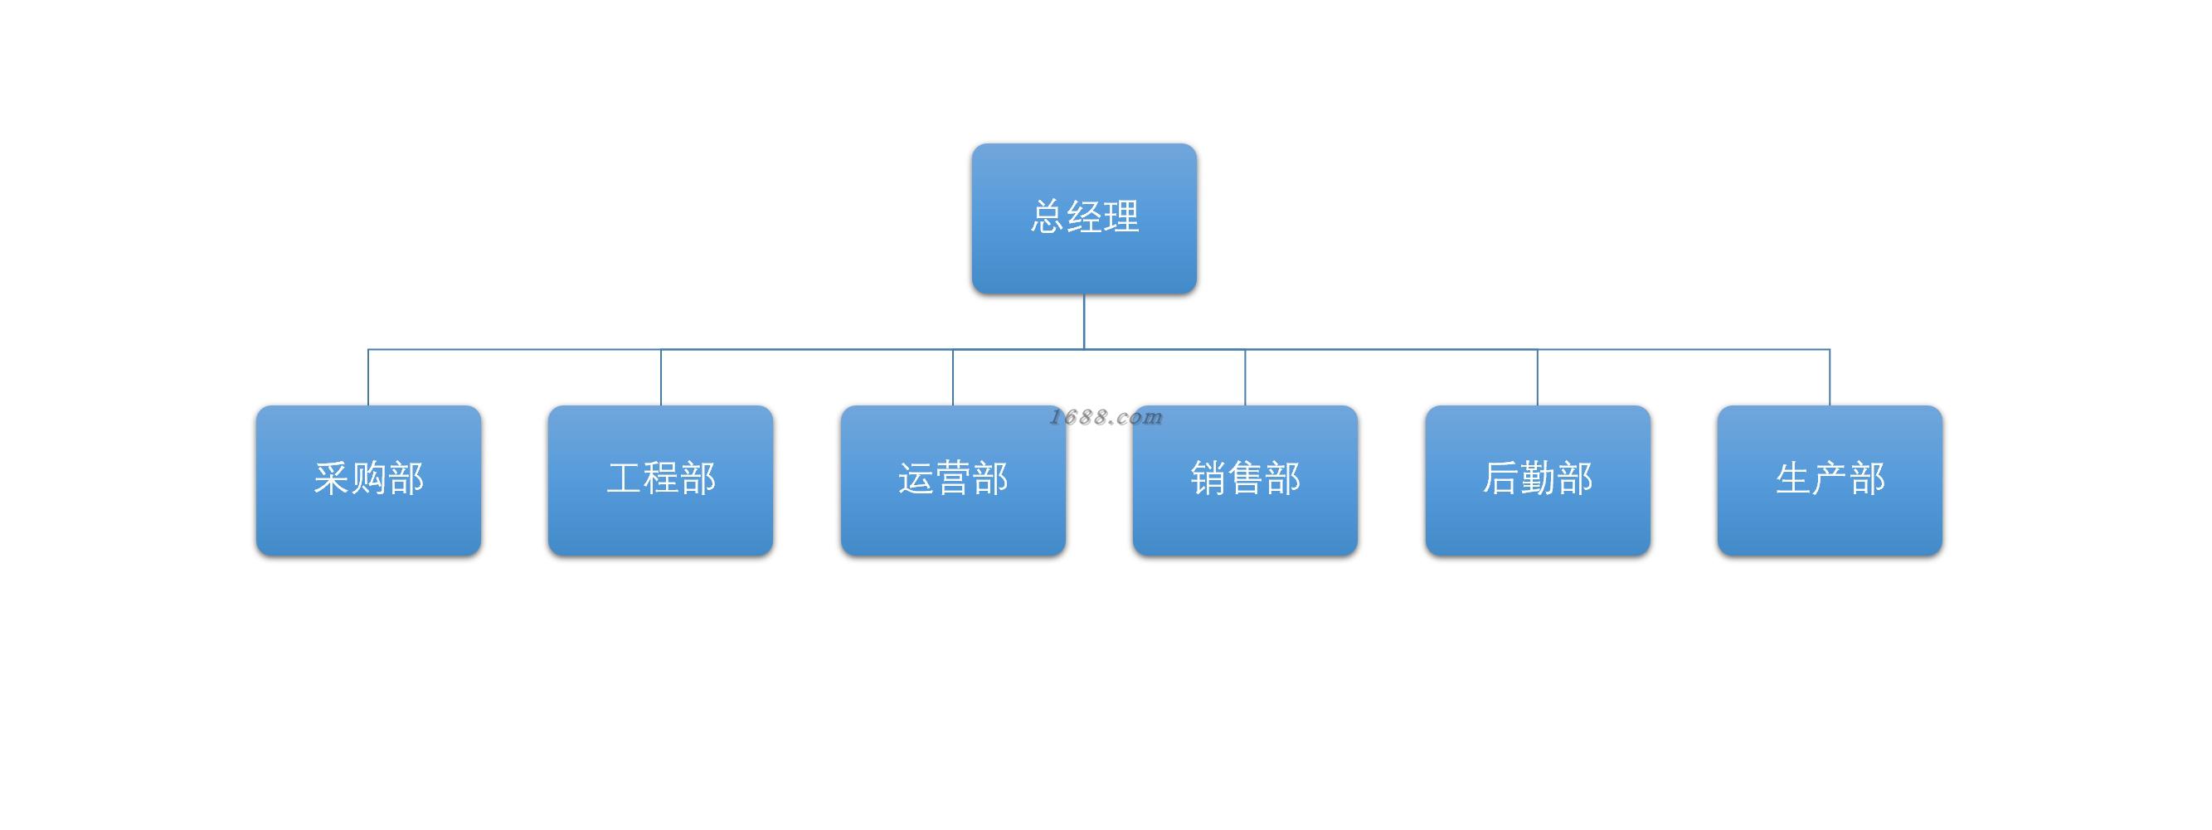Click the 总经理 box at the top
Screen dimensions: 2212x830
[1084, 219]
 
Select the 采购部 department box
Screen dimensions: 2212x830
[368, 481]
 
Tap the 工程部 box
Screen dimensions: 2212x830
[660, 481]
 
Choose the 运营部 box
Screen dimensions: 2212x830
[953, 481]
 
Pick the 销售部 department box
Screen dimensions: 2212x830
[1245, 481]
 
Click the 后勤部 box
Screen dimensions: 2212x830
[1538, 481]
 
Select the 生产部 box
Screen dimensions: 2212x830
[1830, 481]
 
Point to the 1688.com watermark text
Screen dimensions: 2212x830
[1106, 417]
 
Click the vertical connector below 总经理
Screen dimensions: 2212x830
[1084, 322]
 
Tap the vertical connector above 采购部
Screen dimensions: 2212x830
[368, 377]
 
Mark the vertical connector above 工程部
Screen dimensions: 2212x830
[661, 377]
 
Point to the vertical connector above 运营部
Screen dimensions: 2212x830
[953, 377]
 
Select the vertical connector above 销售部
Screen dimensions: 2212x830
[1245, 377]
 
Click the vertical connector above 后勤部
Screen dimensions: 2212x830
[1538, 377]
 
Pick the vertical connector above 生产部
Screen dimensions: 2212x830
[1830, 377]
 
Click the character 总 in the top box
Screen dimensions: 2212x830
[1048, 216]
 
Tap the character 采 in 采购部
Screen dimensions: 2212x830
[332, 478]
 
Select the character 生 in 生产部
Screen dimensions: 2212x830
[1793, 478]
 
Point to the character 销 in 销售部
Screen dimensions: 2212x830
[1208, 478]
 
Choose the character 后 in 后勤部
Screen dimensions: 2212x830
[1501, 478]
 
